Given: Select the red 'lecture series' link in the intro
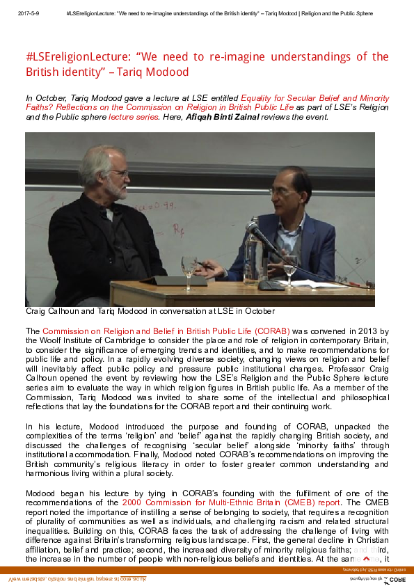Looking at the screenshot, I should coord(132,117).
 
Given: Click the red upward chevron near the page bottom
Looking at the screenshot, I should coord(366,578).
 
